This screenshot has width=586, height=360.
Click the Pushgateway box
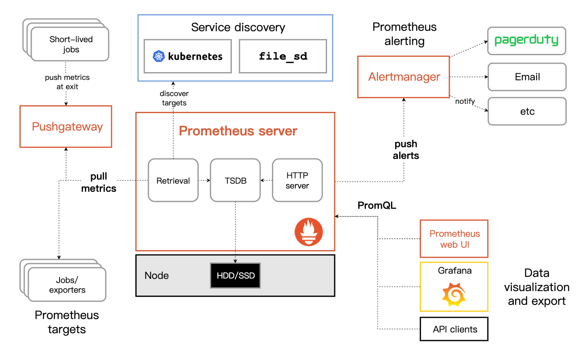click(x=66, y=126)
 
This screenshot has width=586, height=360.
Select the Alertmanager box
click(x=404, y=77)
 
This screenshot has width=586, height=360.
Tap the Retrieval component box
click(x=173, y=180)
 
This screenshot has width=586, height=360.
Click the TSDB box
click(x=235, y=180)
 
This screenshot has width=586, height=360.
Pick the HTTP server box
click(x=297, y=180)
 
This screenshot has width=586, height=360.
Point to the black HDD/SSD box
click(x=235, y=276)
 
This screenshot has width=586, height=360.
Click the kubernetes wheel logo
click(x=158, y=56)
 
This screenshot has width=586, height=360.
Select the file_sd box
click(x=283, y=56)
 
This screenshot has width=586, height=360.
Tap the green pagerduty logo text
click(x=526, y=40)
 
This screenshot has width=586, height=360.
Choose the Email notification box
click(x=527, y=77)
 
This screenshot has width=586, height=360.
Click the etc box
click(x=527, y=111)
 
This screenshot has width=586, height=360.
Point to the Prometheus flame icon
click(x=309, y=232)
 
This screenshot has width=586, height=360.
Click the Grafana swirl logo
click(x=454, y=294)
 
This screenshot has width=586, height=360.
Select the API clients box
click(x=454, y=329)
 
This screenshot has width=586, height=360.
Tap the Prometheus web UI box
click(x=454, y=239)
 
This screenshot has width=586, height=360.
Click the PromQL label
click(x=376, y=206)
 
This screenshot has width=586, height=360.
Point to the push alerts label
click(x=406, y=150)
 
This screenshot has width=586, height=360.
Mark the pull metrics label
click(x=99, y=182)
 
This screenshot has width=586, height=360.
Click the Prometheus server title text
click(x=238, y=131)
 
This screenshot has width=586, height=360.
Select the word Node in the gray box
click(x=156, y=276)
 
